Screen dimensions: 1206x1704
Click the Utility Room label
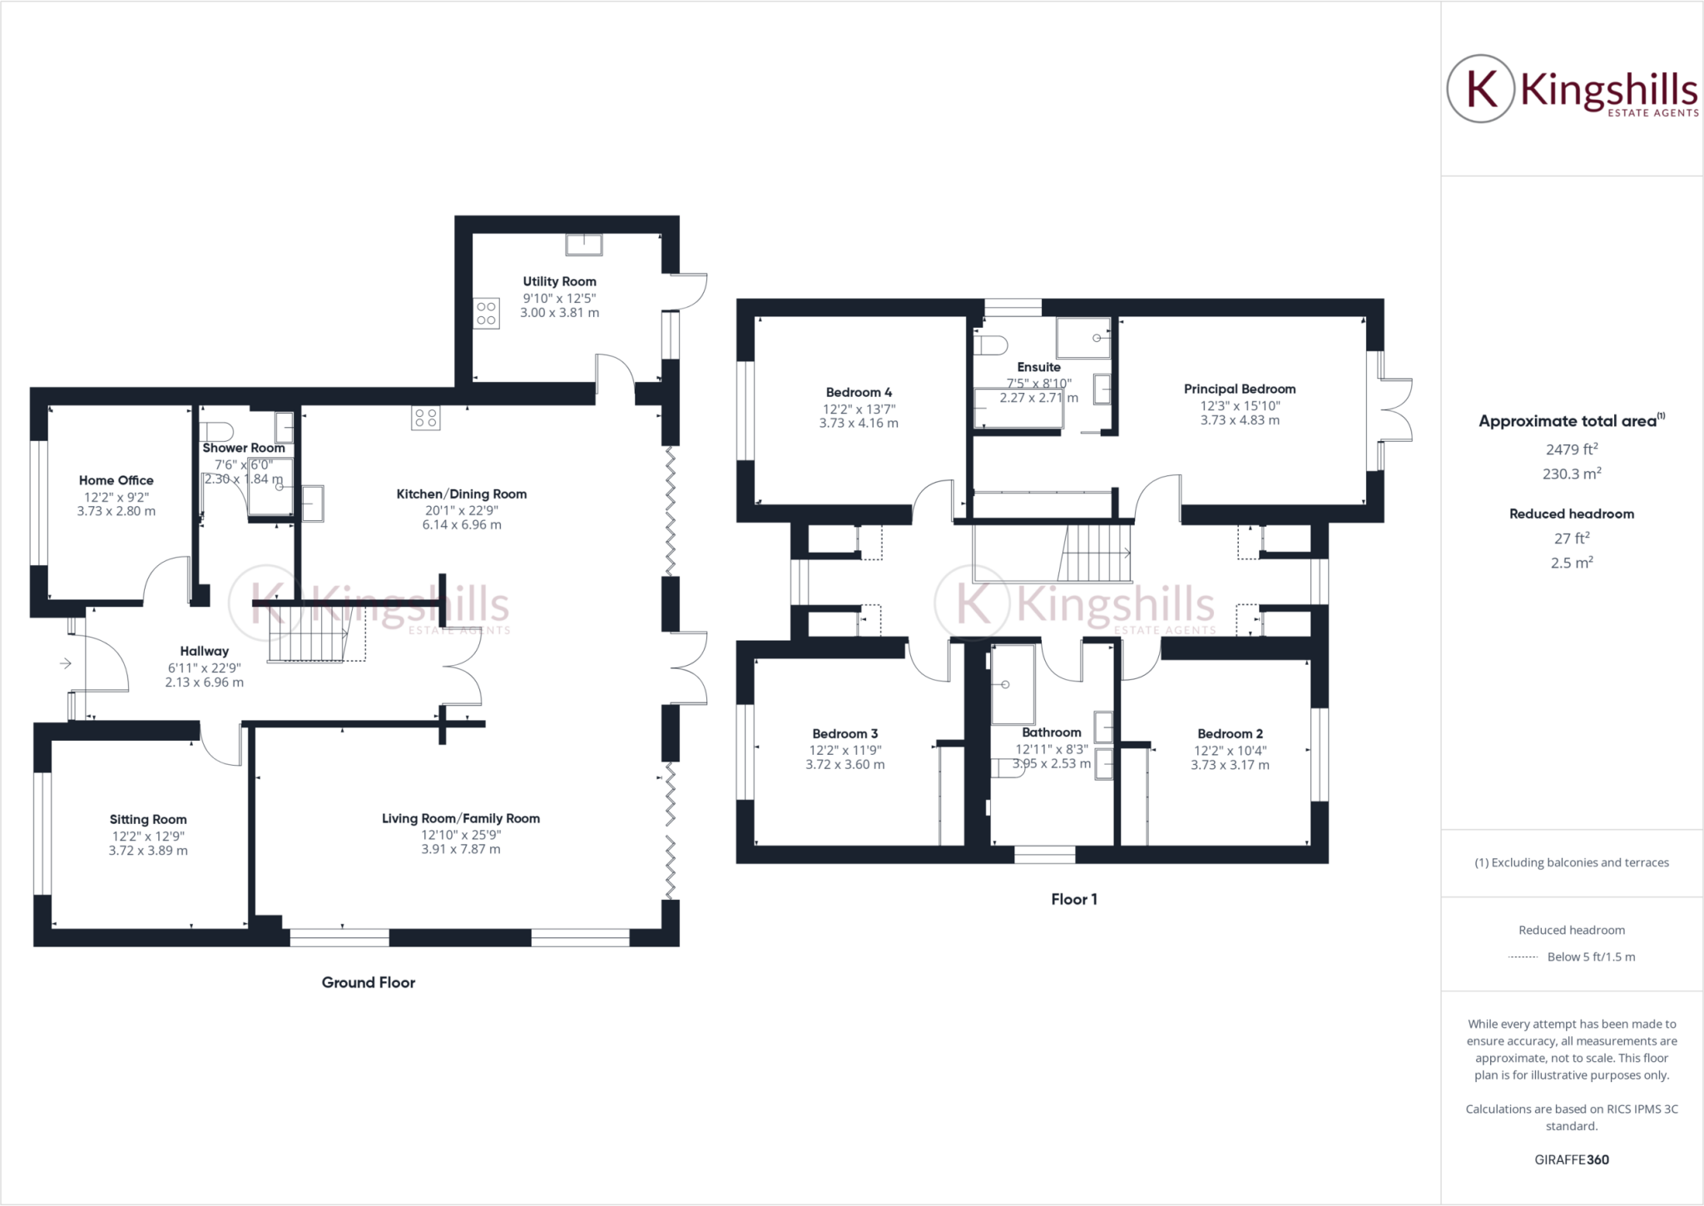pyautogui.click(x=559, y=281)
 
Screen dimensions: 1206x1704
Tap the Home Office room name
pyautogui.click(x=116, y=480)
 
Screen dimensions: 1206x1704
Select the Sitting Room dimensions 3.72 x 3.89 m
pyautogui.click(x=148, y=851)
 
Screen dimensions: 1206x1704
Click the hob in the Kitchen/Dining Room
pyautogui.click(x=425, y=418)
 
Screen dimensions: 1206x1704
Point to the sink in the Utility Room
pyautogui.click(x=583, y=245)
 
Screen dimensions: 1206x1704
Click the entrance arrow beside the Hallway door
pyautogui.click(x=65, y=663)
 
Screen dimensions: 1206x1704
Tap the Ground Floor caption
pyautogui.click(x=368, y=982)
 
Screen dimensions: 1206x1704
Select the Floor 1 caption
pyautogui.click(x=1073, y=899)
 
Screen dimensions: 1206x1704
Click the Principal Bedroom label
pyautogui.click(x=1239, y=389)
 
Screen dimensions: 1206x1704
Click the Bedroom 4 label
pyautogui.click(x=859, y=392)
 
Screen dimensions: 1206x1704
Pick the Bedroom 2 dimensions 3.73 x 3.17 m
pyautogui.click(x=1230, y=765)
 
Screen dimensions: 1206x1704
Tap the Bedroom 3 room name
pyautogui.click(x=845, y=733)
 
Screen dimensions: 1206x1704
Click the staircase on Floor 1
pyautogui.click(x=1095, y=553)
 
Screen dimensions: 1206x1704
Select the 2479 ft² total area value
pyautogui.click(x=1571, y=449)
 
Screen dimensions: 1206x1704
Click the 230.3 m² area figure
pyautogui.click(x=1571, y=474)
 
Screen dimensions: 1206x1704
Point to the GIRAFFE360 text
pyautogui.click(x=1571, y=1159)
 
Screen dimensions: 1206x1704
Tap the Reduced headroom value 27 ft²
pyautogui.click(x=1571, y=538)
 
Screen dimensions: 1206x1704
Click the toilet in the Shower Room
pyautogui.click(x=217, y=430)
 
